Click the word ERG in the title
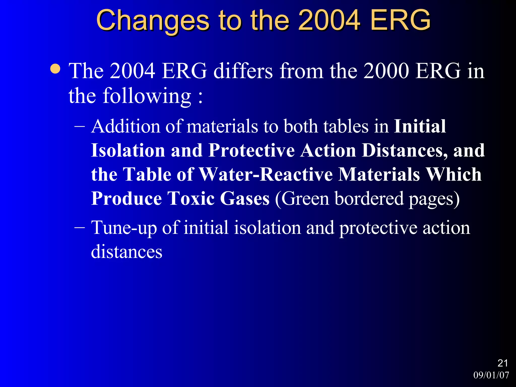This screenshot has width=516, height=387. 400,20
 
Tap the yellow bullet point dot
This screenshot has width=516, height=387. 55,69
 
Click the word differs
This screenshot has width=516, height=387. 243,71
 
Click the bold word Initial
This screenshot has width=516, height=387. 420,126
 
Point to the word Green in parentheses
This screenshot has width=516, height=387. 305,199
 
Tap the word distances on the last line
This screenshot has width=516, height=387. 126,252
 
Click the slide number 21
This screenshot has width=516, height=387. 503,363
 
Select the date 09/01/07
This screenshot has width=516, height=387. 491,375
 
